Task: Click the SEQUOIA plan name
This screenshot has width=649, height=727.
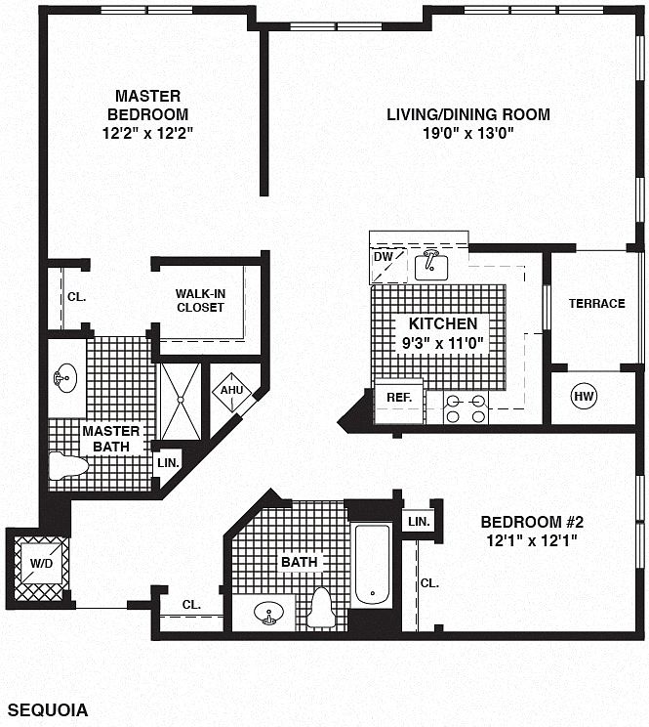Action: pos(48,709)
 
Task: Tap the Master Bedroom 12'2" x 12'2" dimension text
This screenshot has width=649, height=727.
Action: pos(147,134)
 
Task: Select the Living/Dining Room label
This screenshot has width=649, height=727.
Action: pos(468,114)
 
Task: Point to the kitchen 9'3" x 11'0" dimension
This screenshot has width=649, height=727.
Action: pos(442,344)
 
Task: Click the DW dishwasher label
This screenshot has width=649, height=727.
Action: pos(384,256)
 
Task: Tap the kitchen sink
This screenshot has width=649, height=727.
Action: pos(431,265)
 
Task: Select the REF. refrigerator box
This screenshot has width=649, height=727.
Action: pos(399,402)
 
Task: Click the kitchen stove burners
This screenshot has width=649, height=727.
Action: pos(466,408)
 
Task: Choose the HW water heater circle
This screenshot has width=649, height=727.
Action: pos(584,396)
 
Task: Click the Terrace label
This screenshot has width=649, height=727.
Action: pos(596,304)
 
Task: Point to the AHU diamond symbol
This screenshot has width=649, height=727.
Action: pos(231,391)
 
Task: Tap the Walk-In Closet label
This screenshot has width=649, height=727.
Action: pos(200,300)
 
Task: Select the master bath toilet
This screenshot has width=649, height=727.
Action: pos(68,466)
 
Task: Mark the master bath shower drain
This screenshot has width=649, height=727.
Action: pos(181,400)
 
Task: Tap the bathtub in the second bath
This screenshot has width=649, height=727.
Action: pos(373,564)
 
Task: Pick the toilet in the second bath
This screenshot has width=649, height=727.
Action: pos(322,608)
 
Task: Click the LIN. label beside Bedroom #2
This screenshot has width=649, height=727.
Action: pos(419,521)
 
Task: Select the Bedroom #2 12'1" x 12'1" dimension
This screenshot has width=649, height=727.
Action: pos(532,540)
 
